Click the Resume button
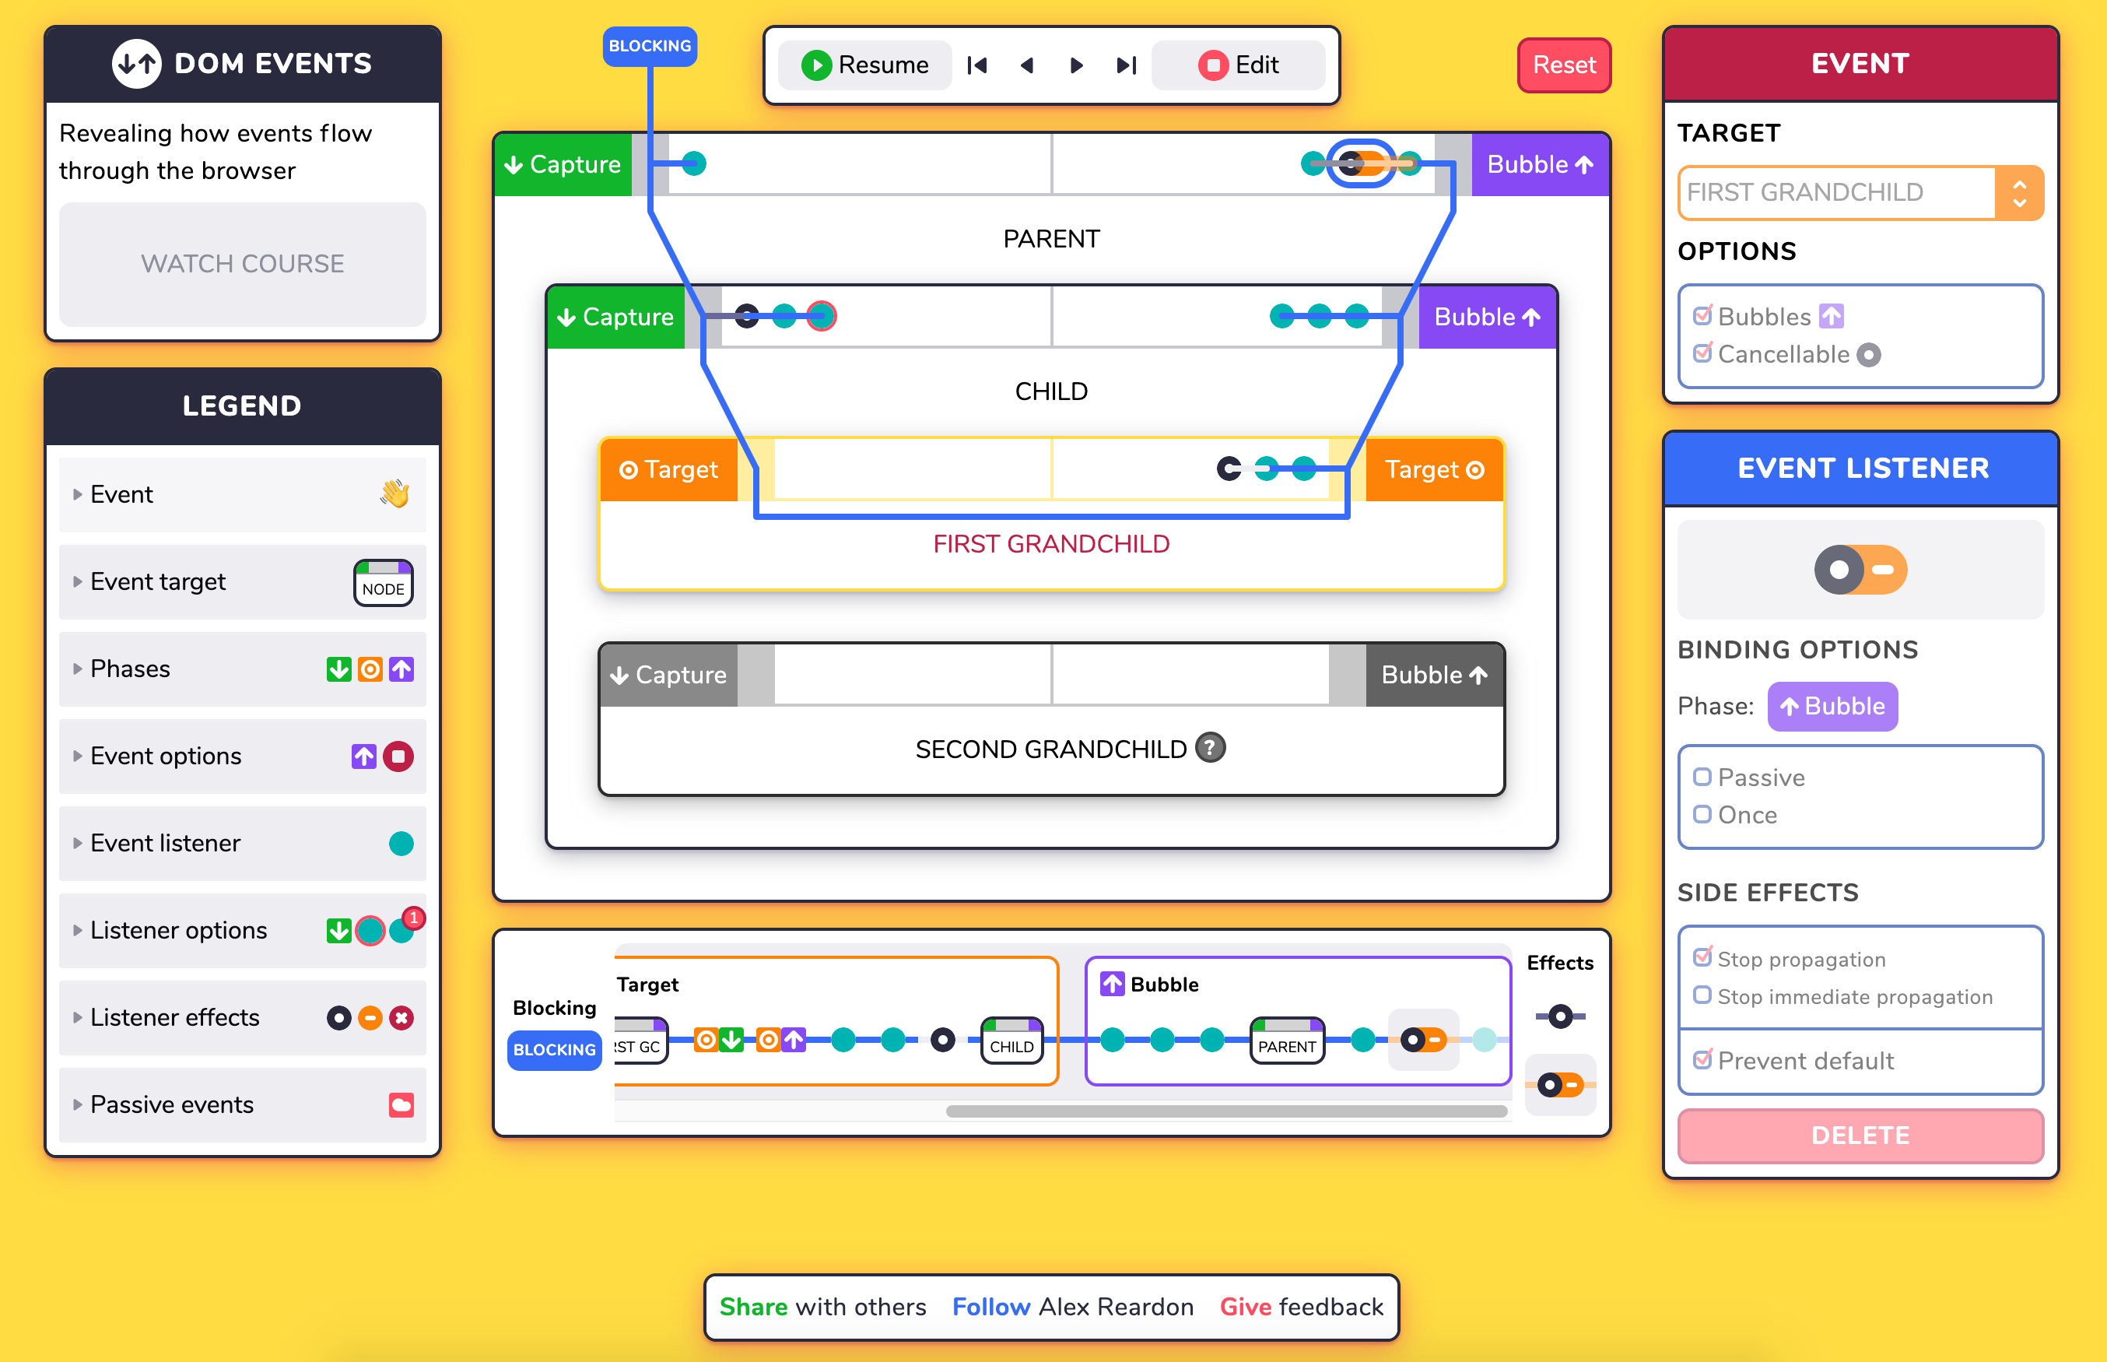(864, 65)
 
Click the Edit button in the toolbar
(1238, 65)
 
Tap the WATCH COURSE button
(242, 264)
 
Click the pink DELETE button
(1860, 1136)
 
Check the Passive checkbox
(1702, 778)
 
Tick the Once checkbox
(1702, 815)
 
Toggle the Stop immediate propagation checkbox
(1702, 996)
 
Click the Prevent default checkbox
(1702, 1059)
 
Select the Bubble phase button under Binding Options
(1832, 706)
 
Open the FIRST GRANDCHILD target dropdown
(1860, 192)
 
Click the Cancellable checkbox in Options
(1702, 354)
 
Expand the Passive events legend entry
(171, 1104)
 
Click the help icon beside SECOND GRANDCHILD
(1210, 748)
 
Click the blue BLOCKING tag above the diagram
(650, 46)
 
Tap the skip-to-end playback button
(1126, 65)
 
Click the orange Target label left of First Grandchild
(668, 469)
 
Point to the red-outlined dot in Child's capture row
(822, 316)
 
